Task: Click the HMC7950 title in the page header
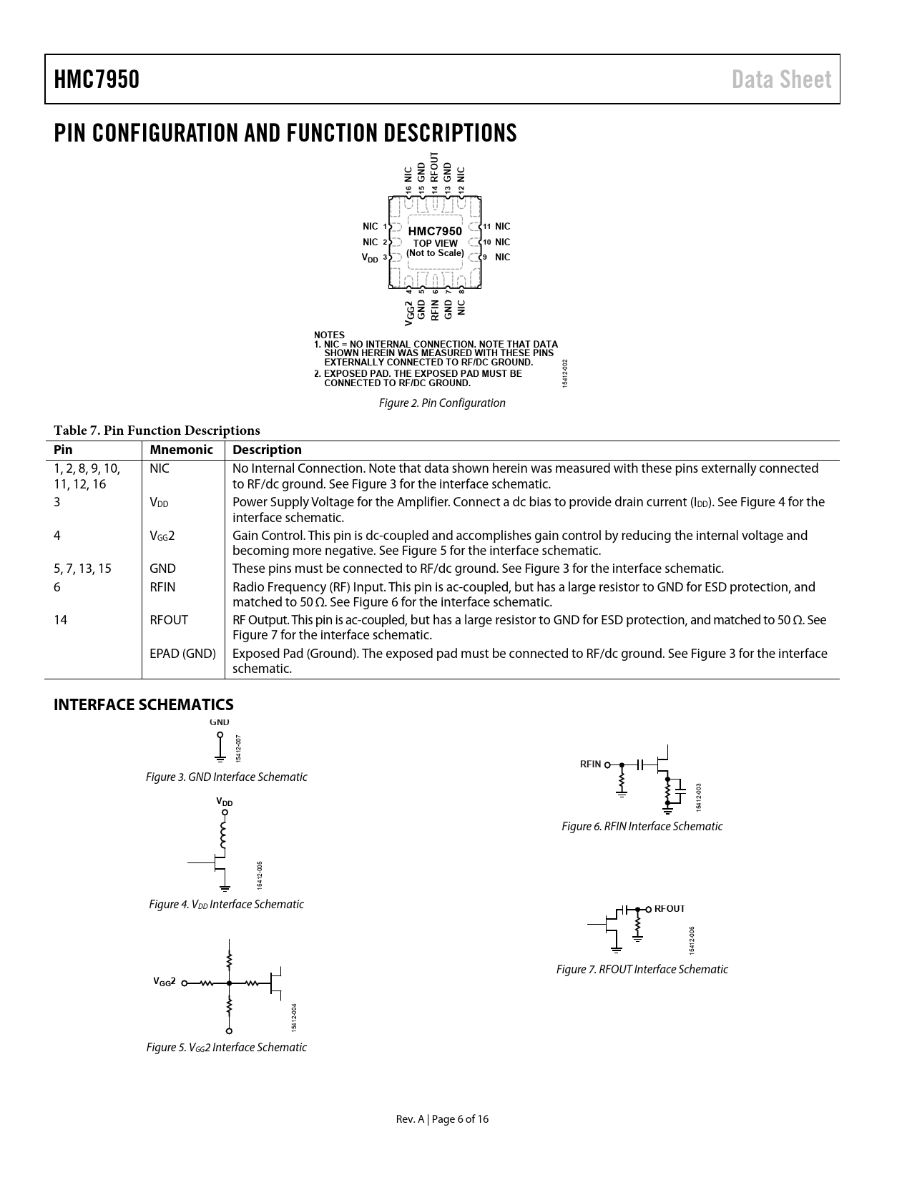[x=97, y=79]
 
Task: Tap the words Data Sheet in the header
[x=781, y=79]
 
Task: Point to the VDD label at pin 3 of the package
[x=370, y=257]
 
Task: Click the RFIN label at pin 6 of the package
[x=435, y=309]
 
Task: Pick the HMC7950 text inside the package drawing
[x=435, y=231]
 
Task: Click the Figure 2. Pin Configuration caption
[x=442, y=403]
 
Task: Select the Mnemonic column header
[x=182, y=450]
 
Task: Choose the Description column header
[x=267, y=450]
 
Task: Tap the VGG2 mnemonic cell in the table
[x=162, y=536]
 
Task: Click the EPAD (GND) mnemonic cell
[x=182, y=654]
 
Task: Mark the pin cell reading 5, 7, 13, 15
[x=82, y=569]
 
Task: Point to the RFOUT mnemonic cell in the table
[x=169, y=620]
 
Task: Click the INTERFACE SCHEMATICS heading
[x=144, y=705]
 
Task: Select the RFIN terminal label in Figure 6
[x=590, y=764]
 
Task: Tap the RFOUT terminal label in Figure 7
[x=670, y=908]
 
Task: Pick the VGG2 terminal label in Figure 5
[x=165, y=982]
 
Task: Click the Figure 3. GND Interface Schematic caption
[x=226, y=777]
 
